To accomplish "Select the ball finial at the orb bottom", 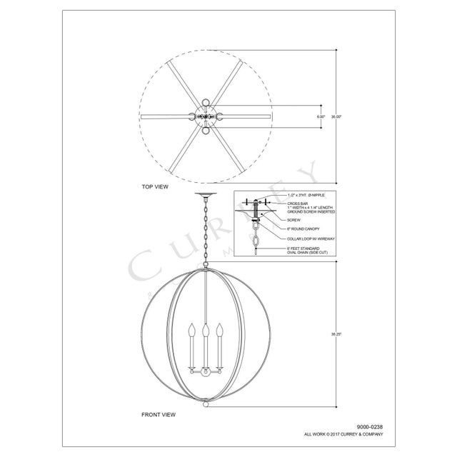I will coord(206,404).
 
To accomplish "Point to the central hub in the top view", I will coord(206,116).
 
